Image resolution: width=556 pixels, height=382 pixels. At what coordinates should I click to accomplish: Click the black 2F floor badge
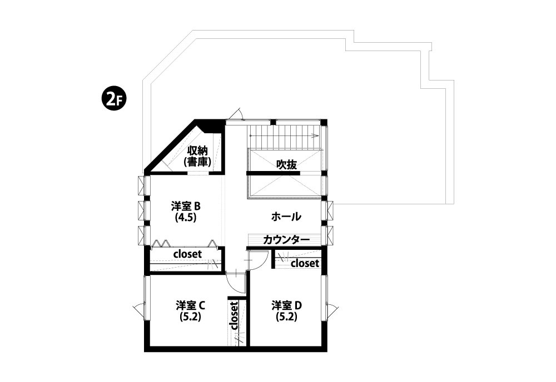(x=112, y=100)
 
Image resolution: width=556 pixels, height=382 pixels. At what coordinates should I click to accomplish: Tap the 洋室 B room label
(x=186, y=205)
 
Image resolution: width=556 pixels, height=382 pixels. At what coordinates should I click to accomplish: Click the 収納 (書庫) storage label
(x=197, y=156)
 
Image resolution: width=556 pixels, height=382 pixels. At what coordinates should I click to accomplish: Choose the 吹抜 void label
(x=286, y=164)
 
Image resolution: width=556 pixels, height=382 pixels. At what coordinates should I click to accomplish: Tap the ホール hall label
(x=286, y=217)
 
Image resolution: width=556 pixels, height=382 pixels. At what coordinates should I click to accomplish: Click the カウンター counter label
(x=286, y=240)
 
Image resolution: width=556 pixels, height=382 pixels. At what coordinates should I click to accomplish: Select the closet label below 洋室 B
(x=187, y=254)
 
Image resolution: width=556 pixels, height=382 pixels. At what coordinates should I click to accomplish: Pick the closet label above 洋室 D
(x=305, y=263)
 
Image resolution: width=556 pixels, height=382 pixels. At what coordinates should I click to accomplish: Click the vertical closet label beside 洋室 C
(x=234, y=315)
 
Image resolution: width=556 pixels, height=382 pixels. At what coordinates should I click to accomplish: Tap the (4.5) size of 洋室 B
(x=186, y=218)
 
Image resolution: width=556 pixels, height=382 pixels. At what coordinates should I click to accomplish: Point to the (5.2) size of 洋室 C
(x=190, y=316)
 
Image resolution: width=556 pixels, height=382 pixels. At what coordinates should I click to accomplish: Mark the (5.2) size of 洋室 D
(x=286, y=316)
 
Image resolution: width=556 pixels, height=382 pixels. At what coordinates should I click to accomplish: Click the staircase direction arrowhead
(x=314, y=135)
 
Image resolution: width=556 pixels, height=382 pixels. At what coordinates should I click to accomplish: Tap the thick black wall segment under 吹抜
(x=273, y=173)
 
